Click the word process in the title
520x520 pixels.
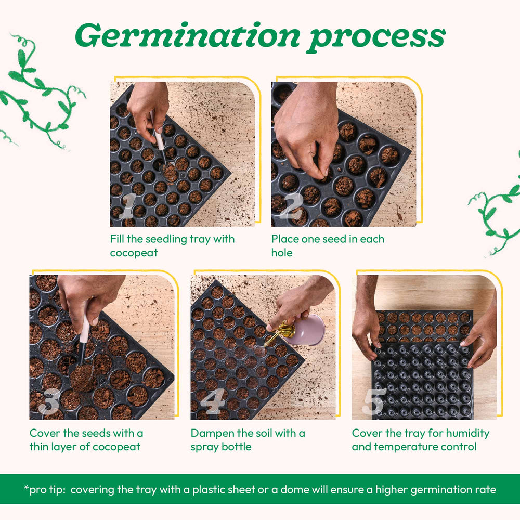375,36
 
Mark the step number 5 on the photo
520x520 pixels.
374,401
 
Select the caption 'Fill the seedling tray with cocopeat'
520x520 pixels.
172,245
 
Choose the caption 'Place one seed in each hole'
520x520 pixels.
328,245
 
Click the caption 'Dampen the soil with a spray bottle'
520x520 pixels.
248,439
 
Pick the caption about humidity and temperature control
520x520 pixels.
420,439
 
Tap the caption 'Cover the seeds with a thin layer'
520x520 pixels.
86,439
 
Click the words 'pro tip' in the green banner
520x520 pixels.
42,489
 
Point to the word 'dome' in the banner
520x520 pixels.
313,489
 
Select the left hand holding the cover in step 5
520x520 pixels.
367,328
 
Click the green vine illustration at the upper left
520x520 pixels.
39,94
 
